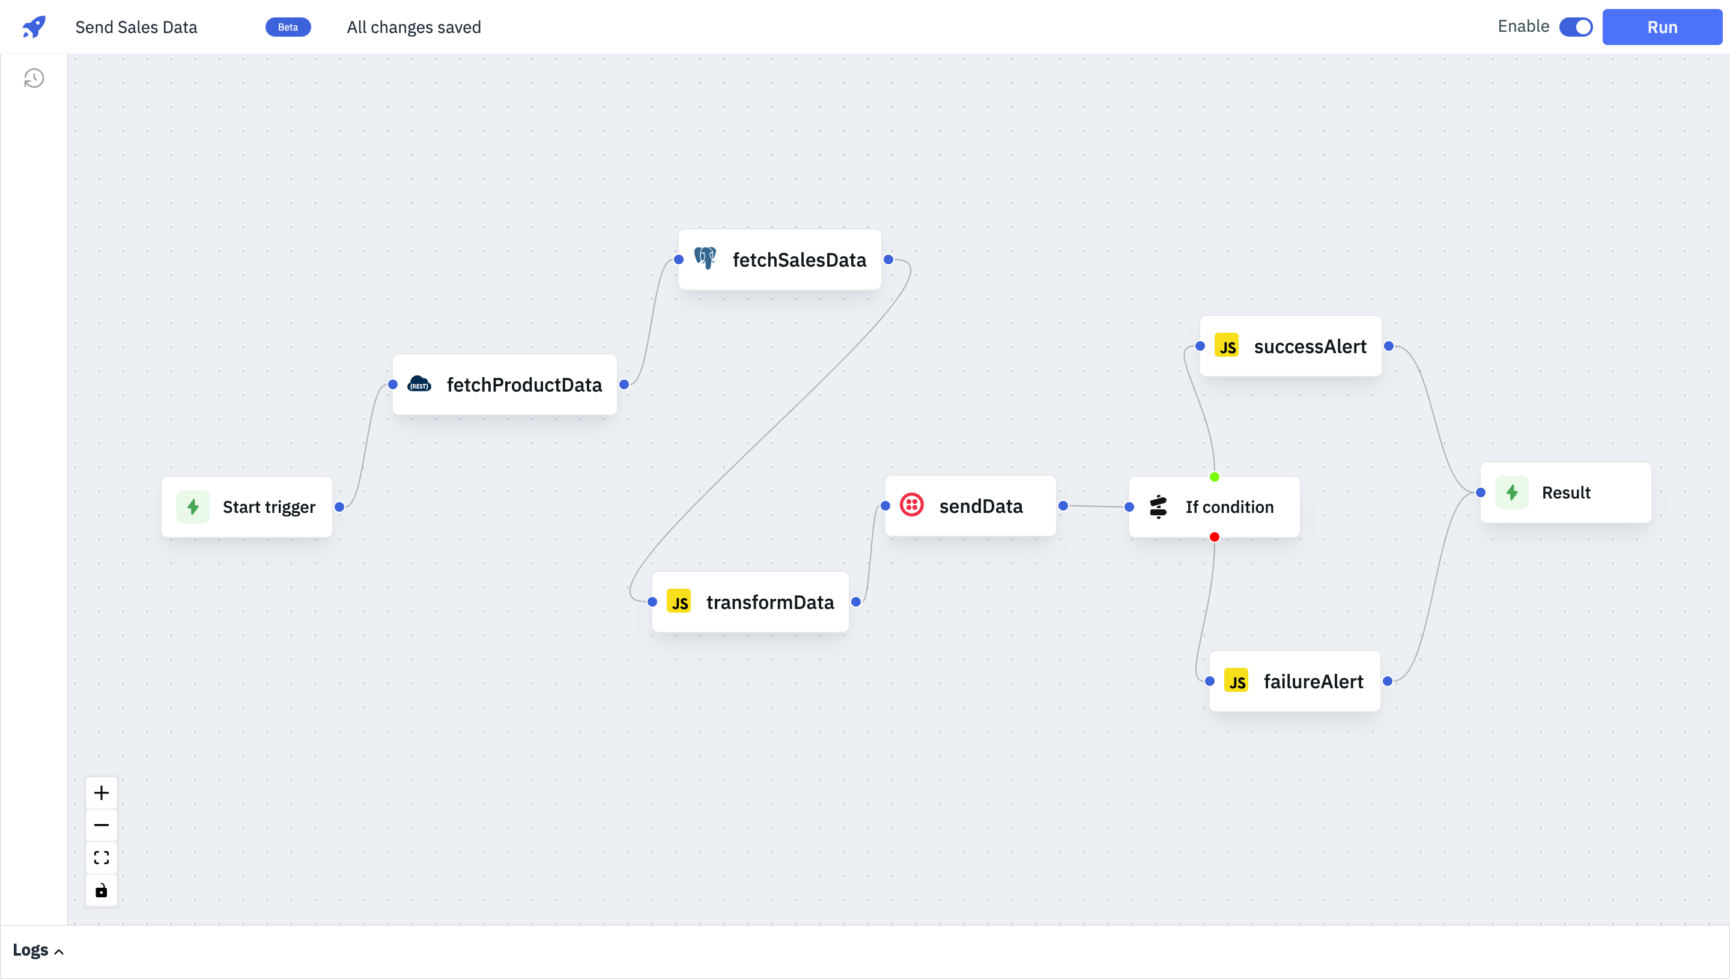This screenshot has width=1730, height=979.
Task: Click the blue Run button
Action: point(1662,27)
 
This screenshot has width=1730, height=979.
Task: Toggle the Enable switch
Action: point(1576,27)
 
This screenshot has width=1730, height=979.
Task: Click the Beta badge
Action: point(288,27)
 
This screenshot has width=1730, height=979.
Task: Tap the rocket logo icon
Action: point(34,27)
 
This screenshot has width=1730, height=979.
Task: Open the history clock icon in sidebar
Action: point(34,79)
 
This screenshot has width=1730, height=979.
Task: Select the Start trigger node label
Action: point(269,507)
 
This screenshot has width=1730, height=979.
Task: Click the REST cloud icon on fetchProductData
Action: point(419,384)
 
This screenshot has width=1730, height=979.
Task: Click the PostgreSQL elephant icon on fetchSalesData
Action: point(705,258)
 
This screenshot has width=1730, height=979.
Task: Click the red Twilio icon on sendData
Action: point(912,505)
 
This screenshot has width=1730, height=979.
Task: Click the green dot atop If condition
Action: point(1214,477)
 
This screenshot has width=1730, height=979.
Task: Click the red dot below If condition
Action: point(1214,536)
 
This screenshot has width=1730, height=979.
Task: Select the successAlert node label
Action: point(1311,347)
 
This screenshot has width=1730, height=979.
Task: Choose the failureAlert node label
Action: point(1313,681)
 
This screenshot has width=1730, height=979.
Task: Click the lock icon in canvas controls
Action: point(102,890)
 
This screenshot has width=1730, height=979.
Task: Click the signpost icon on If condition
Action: point(1158,506)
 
